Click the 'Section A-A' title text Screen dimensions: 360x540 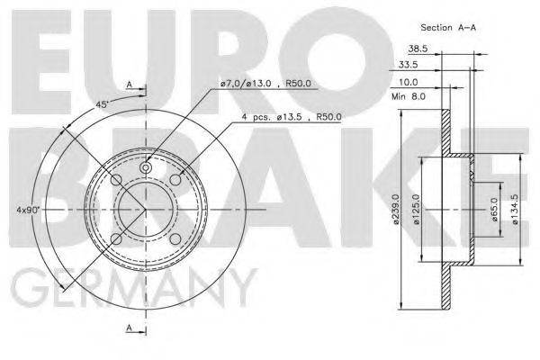tap(449, 27)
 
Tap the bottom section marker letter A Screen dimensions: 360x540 tap(130, 330)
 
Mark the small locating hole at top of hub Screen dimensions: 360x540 tap(147, 167)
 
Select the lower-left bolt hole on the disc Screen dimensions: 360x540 tap(115, 241)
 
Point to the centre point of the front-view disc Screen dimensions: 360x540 tap(147, 211)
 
